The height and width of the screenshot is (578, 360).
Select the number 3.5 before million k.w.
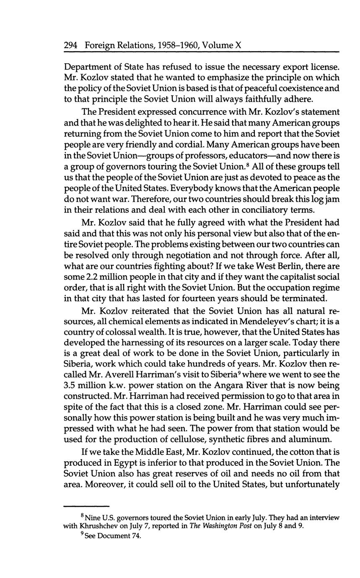point(70,385)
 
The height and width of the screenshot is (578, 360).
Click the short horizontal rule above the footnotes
point(87,506)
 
